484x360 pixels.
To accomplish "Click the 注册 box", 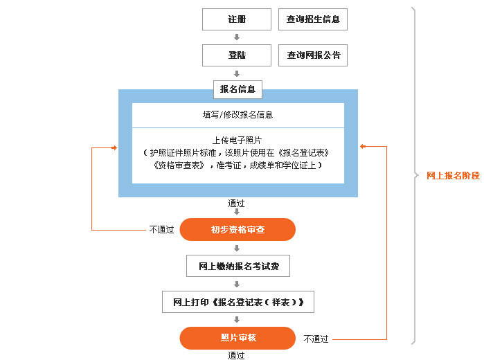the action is click(x=237, y=19).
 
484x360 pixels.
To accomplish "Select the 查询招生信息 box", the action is click(x=313, y=19).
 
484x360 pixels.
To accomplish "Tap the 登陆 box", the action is click(x=237, y=55).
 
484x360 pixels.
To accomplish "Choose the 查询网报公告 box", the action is click(x=313, y=55).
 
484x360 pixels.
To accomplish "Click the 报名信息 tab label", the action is click(x=237, y=89).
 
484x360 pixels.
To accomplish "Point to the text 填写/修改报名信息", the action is click(x=238, y=115).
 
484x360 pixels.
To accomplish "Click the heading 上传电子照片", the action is click(x=237, y=141).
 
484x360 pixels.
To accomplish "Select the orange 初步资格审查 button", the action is click(x=237, y=229).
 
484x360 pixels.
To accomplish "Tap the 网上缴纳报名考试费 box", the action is click(x=238, y=266).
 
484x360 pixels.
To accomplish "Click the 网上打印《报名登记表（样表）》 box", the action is click(x=238, y=302).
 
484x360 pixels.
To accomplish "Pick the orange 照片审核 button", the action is click(x=237, y=338).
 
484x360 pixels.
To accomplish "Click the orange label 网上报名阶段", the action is click(x=454, y=176).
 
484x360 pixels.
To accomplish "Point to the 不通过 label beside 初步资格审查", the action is click(x=161, y=230).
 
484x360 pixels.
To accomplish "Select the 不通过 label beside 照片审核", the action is click(x=316, y=339).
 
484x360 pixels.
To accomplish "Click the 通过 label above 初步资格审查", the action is click(x=236, y=203).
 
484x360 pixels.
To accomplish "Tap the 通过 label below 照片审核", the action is click(x=236, y=355).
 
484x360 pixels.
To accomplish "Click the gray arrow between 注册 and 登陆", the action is click(x=237, y=37).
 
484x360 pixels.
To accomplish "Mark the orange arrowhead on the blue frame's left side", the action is click(x=114, y=148).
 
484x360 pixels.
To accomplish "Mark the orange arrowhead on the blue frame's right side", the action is click(x=363, y=146).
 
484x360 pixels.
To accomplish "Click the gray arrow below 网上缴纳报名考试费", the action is click(x=237, y=284).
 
